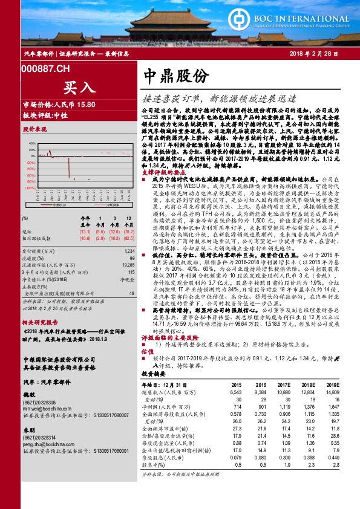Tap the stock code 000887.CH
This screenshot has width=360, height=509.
point(46,70)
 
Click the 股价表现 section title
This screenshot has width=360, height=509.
point(34,129)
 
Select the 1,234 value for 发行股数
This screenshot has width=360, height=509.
point(129,250)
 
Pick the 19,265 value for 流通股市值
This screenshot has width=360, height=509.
point(128,265)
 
